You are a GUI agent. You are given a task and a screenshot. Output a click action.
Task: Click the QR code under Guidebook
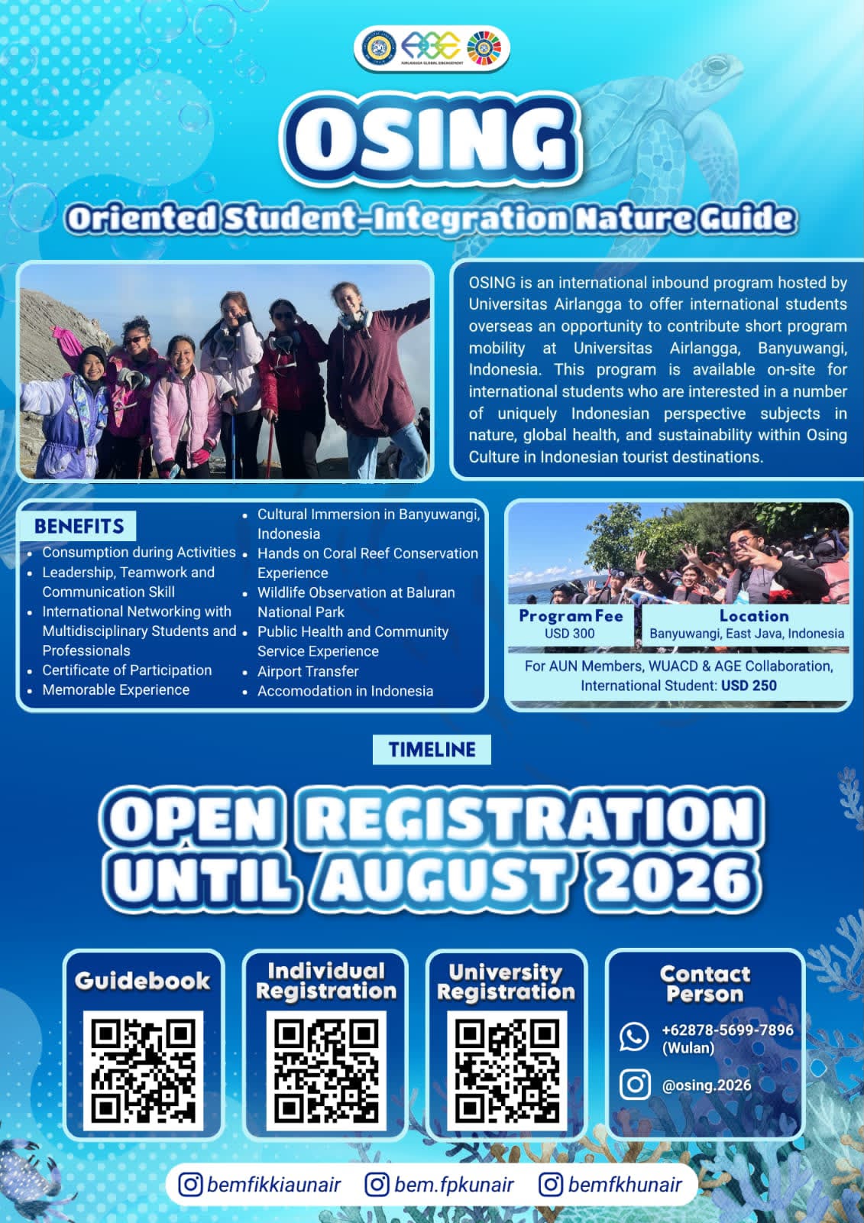(x=143, y=1070)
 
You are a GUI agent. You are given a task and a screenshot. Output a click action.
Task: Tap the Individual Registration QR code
(x=326, y=1070)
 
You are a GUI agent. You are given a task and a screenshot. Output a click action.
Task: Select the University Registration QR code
(x=507, y=1070)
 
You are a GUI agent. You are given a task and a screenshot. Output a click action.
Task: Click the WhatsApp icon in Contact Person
(x=634, y=1036)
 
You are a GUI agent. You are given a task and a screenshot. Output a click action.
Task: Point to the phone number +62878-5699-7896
(x=727, y=1030)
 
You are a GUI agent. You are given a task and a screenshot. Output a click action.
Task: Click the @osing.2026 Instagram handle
(x=707, y=1085)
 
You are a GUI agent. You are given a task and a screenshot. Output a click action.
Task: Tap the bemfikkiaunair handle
(x=274, y=1185)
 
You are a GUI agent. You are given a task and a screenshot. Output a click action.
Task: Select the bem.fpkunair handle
(x=454, y=1185)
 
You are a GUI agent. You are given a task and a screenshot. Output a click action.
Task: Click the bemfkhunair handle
(x=625, y=1185)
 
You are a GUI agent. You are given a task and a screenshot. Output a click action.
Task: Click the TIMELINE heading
(x=432, y=749)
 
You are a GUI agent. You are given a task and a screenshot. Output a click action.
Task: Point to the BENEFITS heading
(x=79, y=526)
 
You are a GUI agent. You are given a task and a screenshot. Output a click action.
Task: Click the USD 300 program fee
(x=570, y=634)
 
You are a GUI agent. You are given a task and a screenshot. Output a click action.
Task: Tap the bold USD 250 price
(x=749, y=685)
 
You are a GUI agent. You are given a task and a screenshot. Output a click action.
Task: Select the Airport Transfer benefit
(x=308, y=671)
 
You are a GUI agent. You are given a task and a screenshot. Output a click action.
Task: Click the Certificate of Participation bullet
(x=127, y=670)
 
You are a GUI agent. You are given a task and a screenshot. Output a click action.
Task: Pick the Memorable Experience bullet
(x=115, y=689)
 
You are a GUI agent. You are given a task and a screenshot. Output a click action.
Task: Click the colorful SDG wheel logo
(x=481, y=47)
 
